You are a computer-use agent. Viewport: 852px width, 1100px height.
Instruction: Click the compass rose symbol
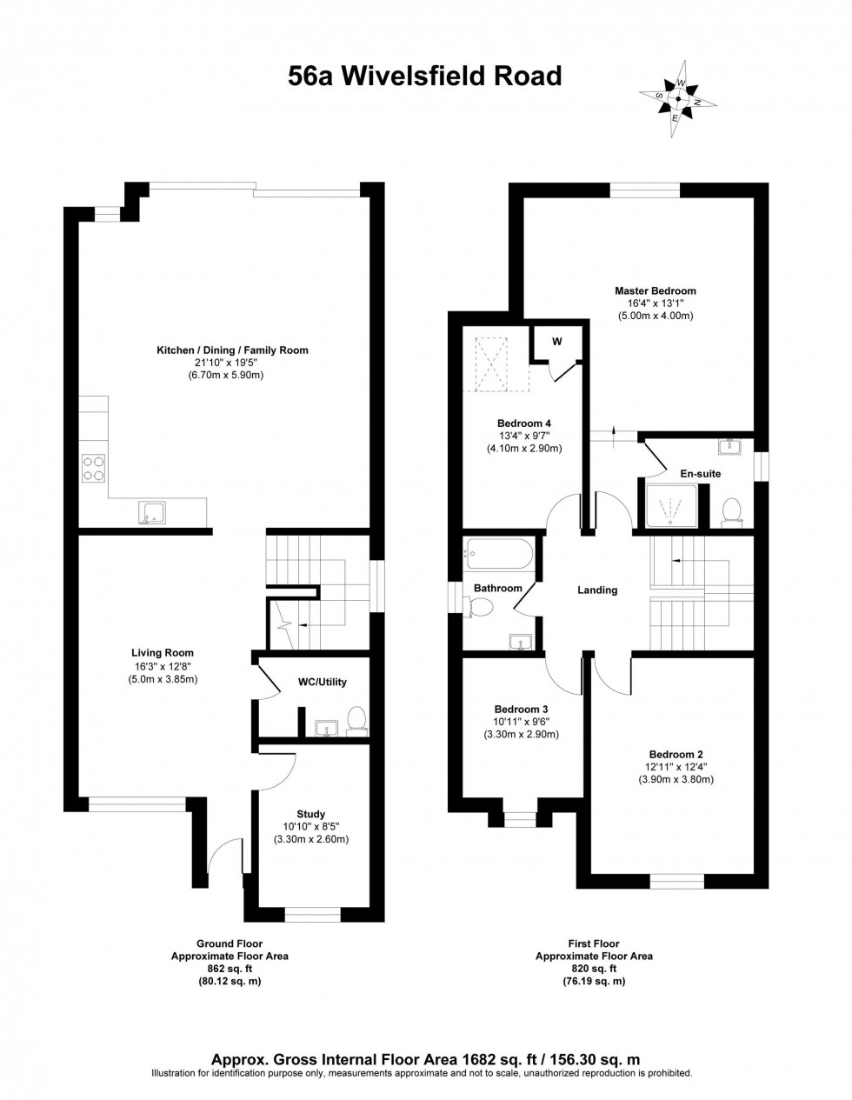(678, 100)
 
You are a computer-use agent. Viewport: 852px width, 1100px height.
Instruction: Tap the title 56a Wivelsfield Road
(425, 77)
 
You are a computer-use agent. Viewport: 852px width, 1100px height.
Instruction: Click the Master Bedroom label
(655, 290)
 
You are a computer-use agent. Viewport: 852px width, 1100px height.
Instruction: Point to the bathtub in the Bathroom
(498, 551)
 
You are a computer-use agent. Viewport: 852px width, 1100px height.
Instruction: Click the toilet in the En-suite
(730, 512)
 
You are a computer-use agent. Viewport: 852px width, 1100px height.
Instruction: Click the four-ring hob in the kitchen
(94, 470)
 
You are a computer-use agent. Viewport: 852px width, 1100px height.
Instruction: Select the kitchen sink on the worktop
(151, 514)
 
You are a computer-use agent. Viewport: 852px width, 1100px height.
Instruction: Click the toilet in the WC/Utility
(356, 721)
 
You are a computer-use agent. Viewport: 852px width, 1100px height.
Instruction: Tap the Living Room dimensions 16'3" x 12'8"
(163, 666)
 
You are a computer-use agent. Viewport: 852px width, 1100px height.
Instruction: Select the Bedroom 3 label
(521, 709)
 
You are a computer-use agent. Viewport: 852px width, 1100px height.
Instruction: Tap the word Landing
(597, 590)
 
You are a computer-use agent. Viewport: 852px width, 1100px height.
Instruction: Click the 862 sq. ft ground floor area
(229, 968)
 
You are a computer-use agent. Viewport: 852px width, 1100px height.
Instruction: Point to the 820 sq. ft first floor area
(594, 968)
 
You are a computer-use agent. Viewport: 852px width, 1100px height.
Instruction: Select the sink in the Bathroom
(521, 643)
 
